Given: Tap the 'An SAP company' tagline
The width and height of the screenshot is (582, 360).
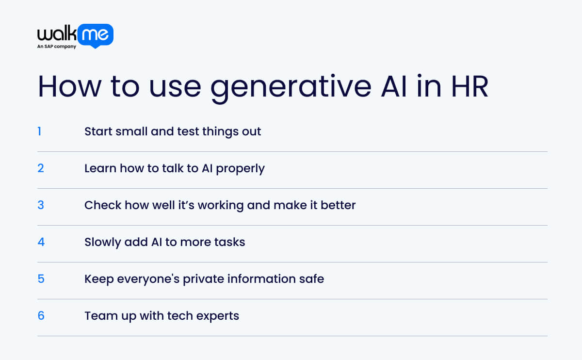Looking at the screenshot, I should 57,47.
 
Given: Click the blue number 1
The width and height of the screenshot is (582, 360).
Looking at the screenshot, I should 39,131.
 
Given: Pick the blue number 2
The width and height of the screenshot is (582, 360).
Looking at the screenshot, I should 41,168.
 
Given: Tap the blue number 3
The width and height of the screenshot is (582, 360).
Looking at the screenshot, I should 41,205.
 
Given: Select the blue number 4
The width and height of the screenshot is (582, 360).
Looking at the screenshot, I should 41,242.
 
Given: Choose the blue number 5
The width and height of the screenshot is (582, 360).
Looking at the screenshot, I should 41,278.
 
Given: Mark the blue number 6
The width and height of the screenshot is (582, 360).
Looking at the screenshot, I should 41,315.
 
